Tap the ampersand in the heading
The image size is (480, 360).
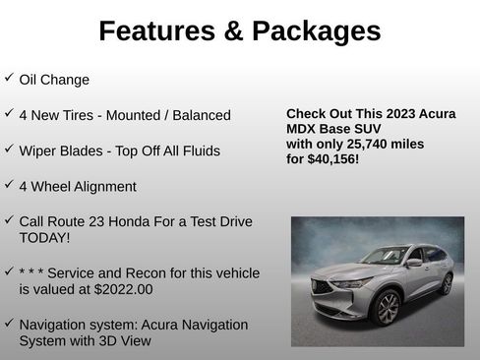point(233,31)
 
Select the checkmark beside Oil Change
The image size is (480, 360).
point(9,77)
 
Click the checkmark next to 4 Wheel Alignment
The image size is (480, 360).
point(9,184)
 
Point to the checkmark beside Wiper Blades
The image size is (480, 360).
point(9,149)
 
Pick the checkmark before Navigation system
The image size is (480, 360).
point(9,322)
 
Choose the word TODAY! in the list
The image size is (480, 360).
point(44,237)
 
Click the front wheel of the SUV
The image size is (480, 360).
point(389,308)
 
